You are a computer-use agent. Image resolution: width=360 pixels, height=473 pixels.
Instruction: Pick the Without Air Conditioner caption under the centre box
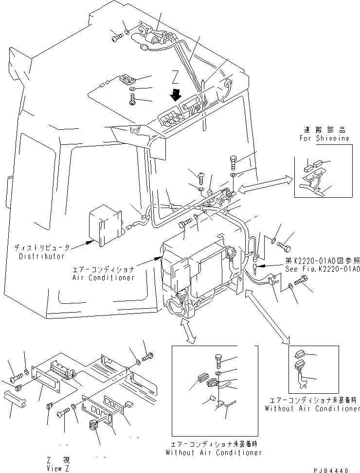214,452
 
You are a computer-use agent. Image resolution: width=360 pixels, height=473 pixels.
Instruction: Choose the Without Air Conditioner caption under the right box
312,408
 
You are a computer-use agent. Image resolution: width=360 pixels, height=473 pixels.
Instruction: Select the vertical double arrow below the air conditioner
187,331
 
